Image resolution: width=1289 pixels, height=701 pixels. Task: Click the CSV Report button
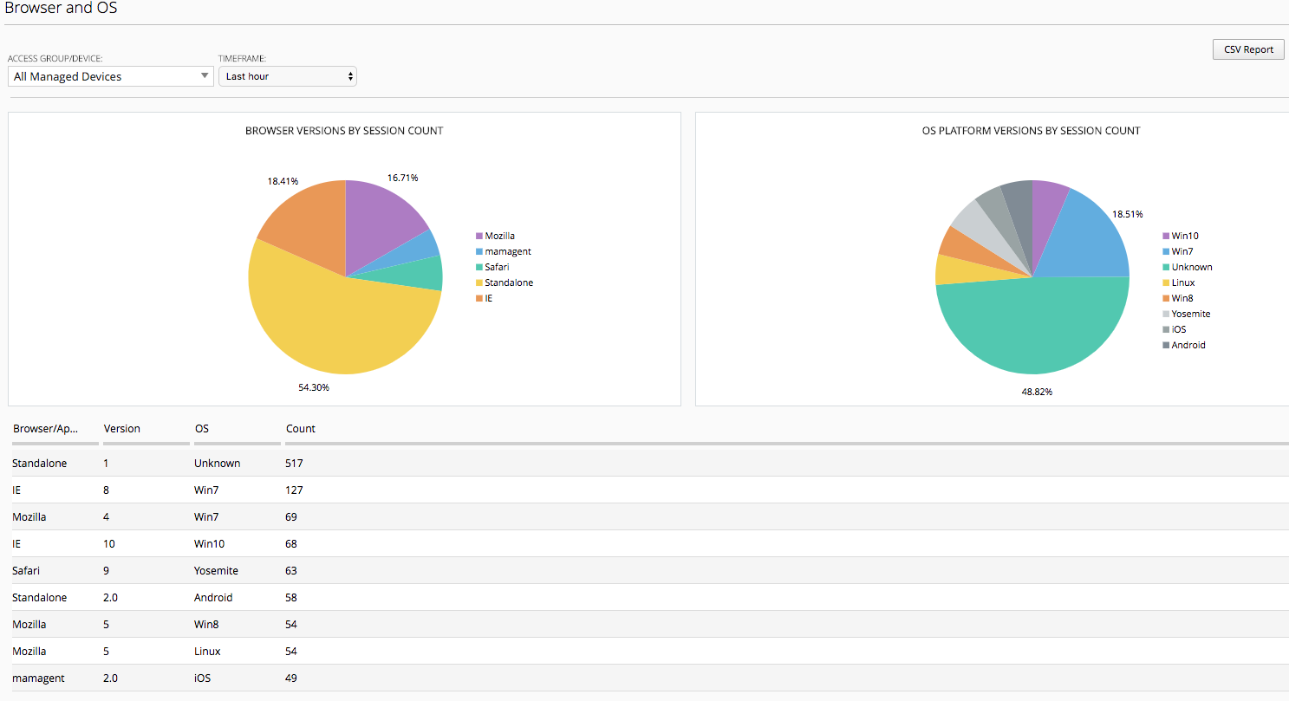(1248, 49)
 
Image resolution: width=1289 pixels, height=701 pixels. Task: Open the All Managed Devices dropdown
(110, 76)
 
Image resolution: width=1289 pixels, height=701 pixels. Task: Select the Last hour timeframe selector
(287, 76)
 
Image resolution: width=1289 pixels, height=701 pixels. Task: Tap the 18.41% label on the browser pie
(283, 181)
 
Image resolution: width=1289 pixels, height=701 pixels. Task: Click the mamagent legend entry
(504, 251)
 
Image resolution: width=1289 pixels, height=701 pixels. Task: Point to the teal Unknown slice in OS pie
(1033, 328)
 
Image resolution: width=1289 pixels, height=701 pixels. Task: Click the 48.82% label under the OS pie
(1037, 392)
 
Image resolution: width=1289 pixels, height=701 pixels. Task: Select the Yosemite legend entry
(1187, 314)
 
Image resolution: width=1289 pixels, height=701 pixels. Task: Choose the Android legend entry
(1184, 345)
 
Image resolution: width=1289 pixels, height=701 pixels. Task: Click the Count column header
(301, 428)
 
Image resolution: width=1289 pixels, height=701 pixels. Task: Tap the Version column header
(122, 428)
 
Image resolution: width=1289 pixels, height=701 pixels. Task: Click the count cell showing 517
(294, 463)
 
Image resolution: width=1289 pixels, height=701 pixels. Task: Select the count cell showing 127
(294, 490)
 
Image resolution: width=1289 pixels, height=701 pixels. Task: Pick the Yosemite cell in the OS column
(216, 570)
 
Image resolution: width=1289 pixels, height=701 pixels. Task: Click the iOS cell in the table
(203, 678)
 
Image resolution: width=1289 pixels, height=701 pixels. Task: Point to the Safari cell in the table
(26, 570)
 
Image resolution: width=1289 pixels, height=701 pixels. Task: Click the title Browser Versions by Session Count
(344, 131)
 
